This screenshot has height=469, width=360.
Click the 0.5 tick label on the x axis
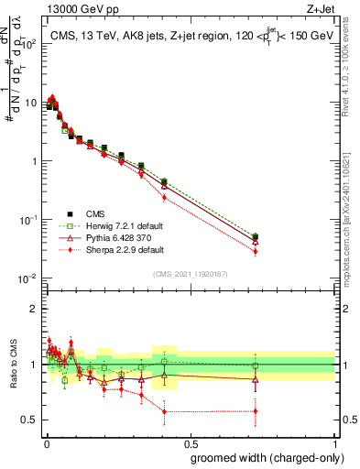point(190,442)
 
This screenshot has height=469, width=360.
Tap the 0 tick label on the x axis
point(46,442)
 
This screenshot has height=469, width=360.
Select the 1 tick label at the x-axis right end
point(334,442)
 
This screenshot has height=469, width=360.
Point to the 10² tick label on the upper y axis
point(27,44)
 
